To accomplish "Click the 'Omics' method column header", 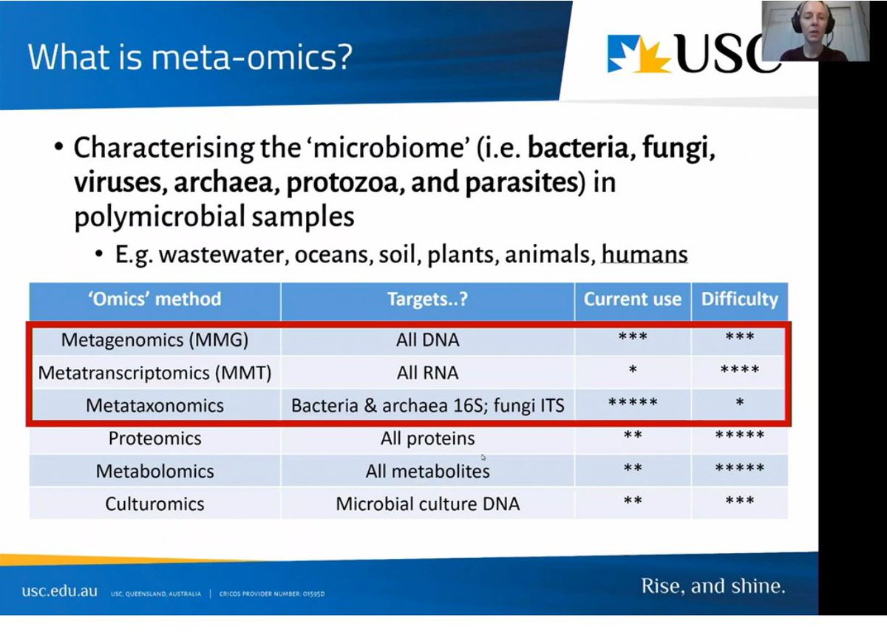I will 155,299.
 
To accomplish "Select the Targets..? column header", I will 427,299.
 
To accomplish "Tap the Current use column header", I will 633,299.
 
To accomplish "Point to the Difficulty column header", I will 739,299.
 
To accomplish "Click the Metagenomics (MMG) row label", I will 155,340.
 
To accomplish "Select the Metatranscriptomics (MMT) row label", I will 155,373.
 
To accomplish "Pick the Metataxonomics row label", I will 155,405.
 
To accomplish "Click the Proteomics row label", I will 155,438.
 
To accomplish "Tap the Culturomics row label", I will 155,504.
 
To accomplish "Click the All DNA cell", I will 427,340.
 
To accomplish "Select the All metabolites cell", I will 427,471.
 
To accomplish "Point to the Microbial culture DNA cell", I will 427,504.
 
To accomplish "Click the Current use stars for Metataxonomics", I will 633,404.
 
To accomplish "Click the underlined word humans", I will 645,255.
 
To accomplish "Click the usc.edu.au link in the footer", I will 59,591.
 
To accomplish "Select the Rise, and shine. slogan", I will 713,587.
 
